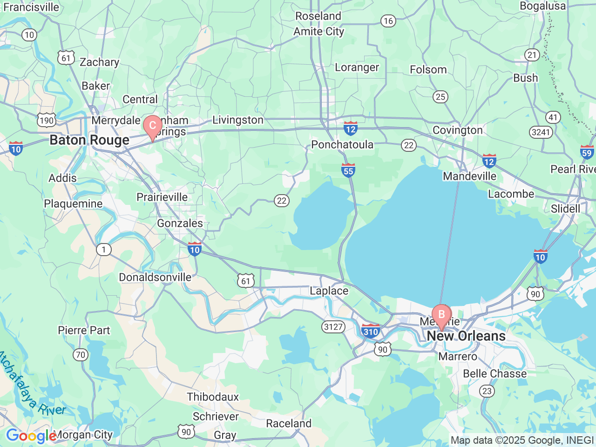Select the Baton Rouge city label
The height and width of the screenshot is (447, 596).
coord(89,140)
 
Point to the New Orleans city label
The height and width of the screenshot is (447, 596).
coord(466,336)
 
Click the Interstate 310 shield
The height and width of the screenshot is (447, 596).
coord(371,331)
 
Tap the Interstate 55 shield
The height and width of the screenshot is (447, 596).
coord(348,170)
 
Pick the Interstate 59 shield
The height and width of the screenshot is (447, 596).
coord(587,152)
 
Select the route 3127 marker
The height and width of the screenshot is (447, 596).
coord(333,327)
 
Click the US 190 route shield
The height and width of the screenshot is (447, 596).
coord(47,121)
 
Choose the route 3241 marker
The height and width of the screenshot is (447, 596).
coord(541,132)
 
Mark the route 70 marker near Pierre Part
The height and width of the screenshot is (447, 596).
coord(81,355)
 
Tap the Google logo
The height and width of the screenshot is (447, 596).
coord(31,436)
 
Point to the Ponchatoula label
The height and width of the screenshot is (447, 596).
coord(342,145)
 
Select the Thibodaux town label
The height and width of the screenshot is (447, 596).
coord(213,397)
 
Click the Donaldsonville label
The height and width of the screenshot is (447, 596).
coord(155,278)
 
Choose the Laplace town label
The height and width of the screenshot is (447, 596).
coord(329,291)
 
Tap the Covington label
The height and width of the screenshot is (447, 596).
coord(458,130)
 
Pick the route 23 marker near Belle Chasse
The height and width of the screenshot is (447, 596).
coord(487,391)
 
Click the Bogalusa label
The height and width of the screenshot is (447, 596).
coord(543,6)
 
